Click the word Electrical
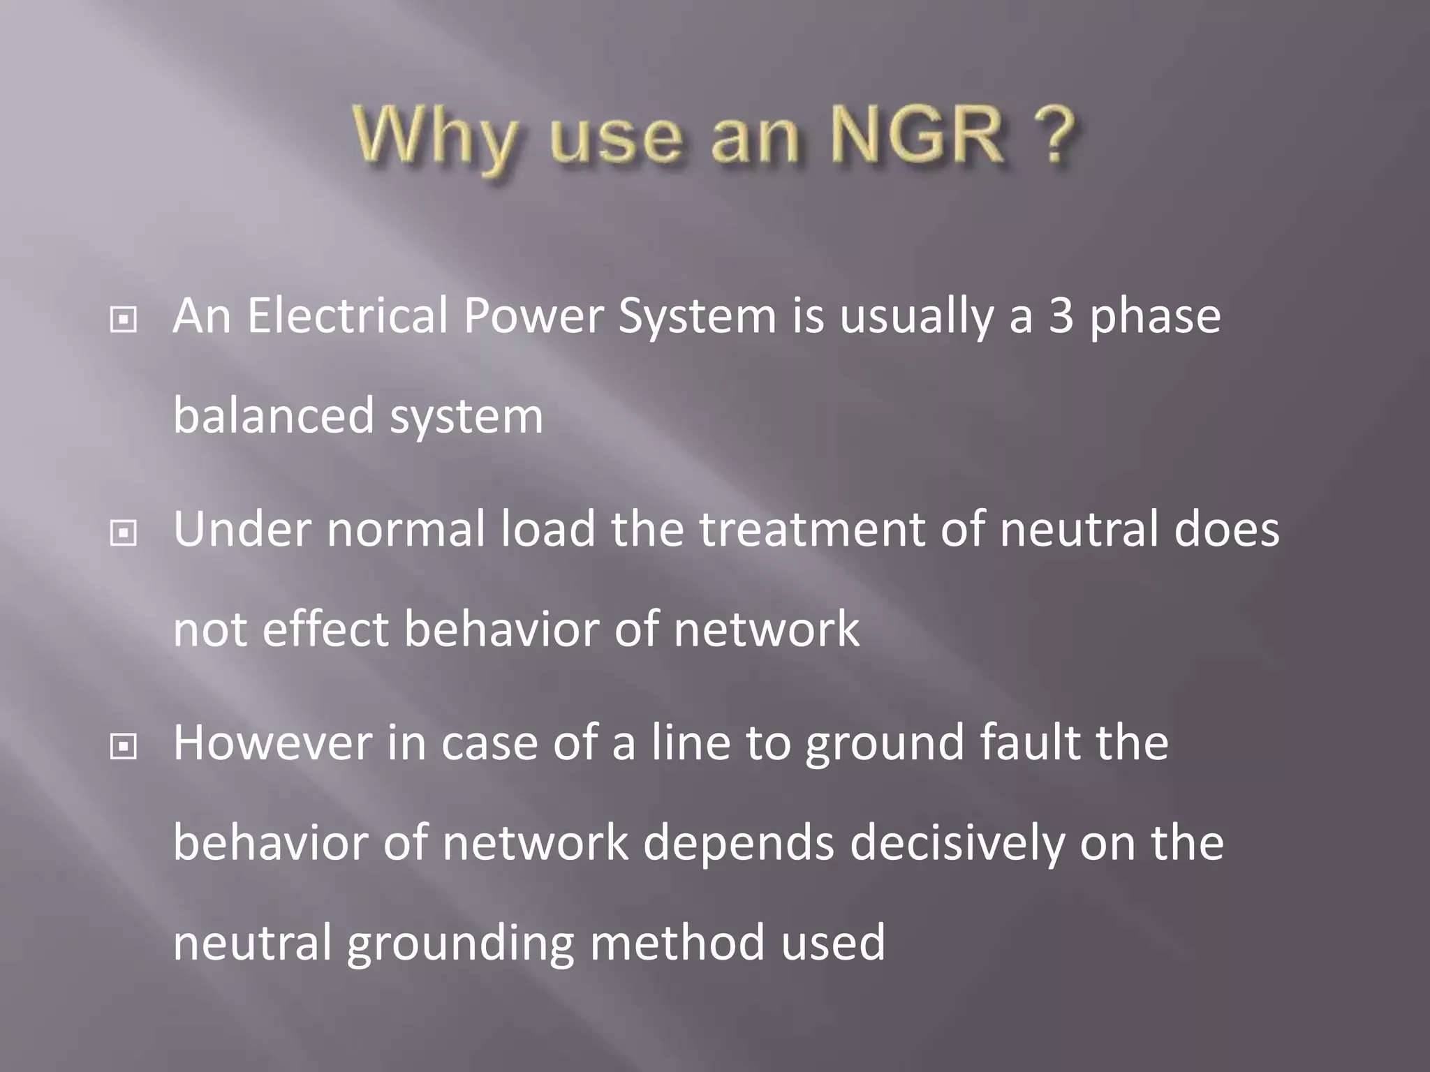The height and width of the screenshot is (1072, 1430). point(347,316)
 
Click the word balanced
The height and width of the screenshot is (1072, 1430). point(274,416)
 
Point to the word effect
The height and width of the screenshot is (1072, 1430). point(325,629)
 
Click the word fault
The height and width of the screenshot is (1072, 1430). point(1029,743)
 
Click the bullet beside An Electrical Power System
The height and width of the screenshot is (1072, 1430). point(124,320)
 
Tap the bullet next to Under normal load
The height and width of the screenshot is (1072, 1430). point(124,534)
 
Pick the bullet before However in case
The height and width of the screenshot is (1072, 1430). point(124,747)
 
